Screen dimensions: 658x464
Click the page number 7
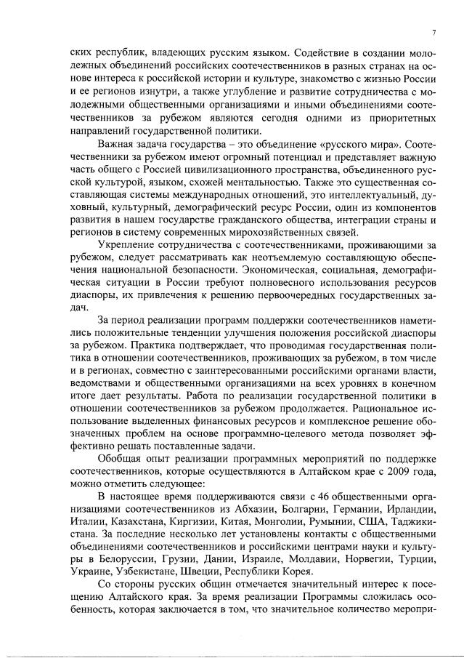tap(433, 33)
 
